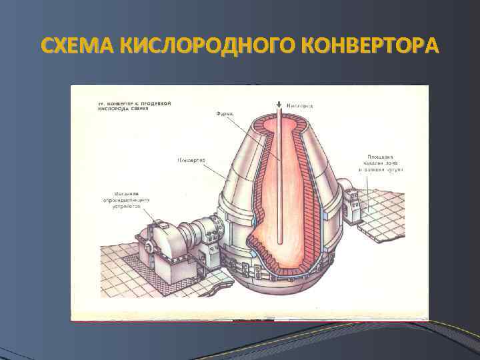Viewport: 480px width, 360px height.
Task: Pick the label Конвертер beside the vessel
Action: [192, 160]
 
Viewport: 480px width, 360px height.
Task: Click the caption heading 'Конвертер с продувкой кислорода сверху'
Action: [123, 109]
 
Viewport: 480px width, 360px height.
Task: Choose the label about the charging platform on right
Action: [381, 163]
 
